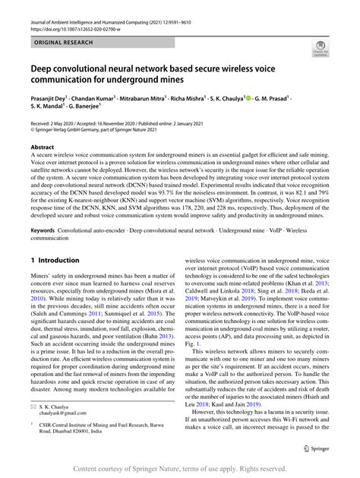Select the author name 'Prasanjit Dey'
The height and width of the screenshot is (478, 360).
51,100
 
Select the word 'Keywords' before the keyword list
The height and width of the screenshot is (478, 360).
46,230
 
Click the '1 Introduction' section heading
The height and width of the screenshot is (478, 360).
58,260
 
